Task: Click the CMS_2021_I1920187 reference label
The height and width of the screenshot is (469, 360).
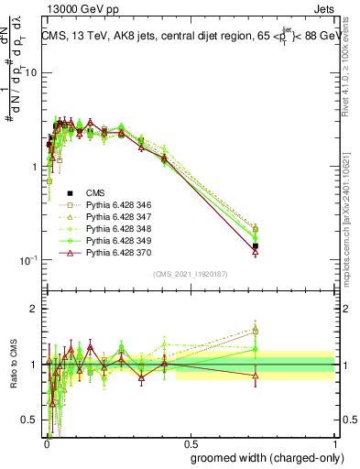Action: pos(191,274)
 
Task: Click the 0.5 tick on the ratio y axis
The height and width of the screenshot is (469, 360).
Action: pos(27,420)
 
